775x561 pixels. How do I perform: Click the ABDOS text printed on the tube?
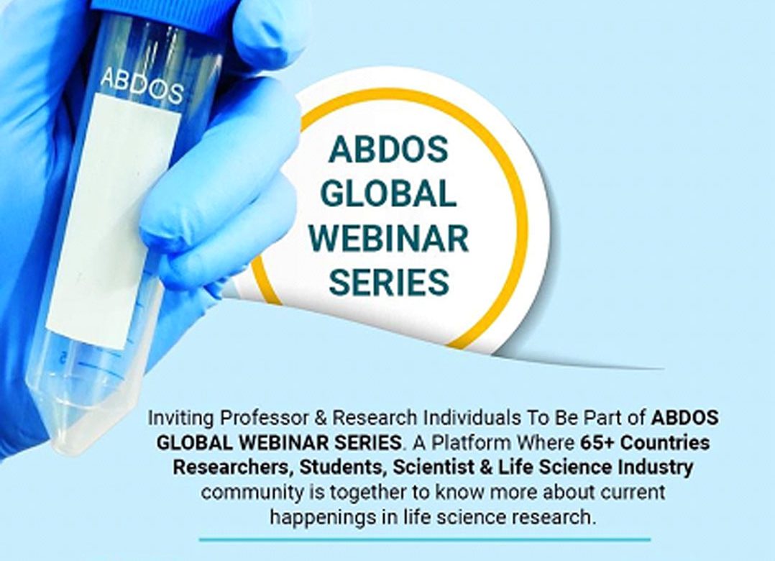point(142,86)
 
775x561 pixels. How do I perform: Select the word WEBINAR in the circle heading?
point(388,238)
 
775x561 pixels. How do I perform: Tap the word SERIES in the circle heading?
point(388,282)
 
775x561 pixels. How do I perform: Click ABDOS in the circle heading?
point(388,149)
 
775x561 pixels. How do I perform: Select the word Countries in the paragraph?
point(665,442)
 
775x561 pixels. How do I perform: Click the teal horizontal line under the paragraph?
point(425,539)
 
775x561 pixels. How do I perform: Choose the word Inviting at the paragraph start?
point(181,419)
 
